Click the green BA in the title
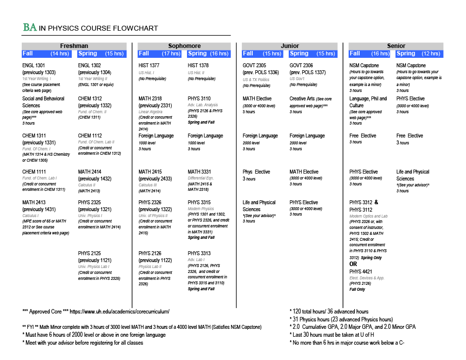tap(30, 28)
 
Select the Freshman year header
tap(74, 46)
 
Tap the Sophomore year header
tap(184, 46)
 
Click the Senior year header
tap(396, 46)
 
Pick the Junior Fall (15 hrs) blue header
tap(263, 53)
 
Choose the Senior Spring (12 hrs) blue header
tap(419, 53)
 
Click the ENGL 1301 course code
tap(34, 66)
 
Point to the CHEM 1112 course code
tap(90, 135)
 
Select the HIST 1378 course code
tap(199, 66)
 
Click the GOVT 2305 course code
tap(254, 66)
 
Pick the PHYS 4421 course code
tap(361, 271)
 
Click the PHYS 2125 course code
tap(90, 254)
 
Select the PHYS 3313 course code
tap(199, 254)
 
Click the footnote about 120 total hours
tap(329, 312)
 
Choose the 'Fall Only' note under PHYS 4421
tap(357, 290)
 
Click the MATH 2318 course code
tap(150, 98)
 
